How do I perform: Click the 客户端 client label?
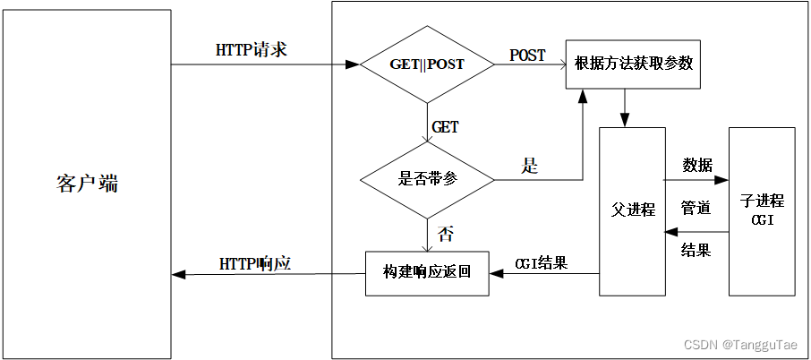tap(86, 184)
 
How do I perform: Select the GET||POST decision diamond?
tap(427, 64)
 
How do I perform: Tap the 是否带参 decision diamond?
tap(427, 179)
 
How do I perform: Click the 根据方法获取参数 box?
tap(632, 64)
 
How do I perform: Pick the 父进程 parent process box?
tap(633, 210)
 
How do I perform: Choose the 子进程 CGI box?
tap(762, 210)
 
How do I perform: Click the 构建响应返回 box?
tap(427, 271)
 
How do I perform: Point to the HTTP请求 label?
tap(252, 50)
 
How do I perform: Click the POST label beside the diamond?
tap(527, 56)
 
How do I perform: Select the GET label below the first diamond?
tap(445, 127)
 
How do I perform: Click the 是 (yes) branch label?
tap(530, 166)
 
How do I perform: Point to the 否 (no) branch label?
tap(445, 235)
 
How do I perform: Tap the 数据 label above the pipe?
tap(697, 165)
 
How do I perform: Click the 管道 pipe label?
tap(696, 208)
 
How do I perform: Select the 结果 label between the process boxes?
tap(696, 251)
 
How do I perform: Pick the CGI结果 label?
tap(541, 263)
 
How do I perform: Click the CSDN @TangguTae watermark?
tap(742, 345)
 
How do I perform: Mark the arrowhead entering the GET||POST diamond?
tap(354, 64)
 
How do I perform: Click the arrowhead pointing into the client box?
tap(177, 274)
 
